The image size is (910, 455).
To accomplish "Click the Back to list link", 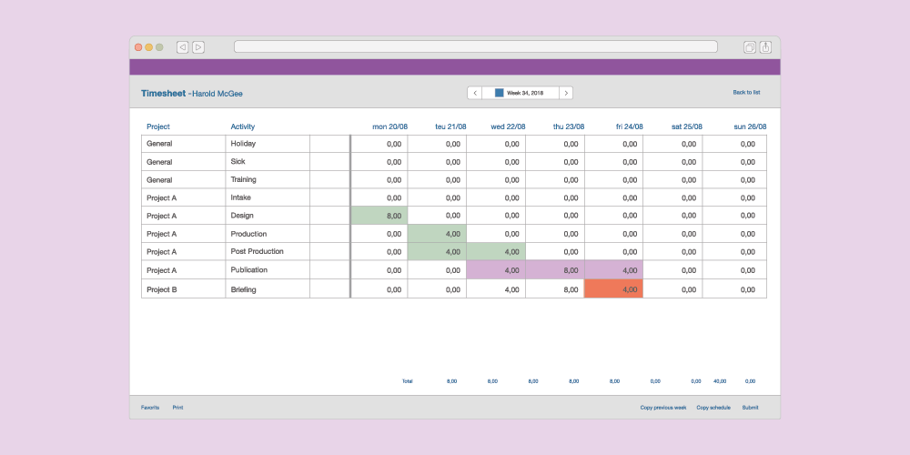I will click(x=746, y=93).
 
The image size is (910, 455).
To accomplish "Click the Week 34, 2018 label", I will click(x=525, y=93).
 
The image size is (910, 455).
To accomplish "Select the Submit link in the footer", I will click(x=750, y=408).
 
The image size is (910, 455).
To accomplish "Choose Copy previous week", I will click(x=662, y=408).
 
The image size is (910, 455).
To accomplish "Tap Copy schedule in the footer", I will click(x=713, y=408).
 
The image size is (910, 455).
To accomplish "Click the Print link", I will click(x=177, y=408).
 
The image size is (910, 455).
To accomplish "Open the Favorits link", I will click(x=150, y=408).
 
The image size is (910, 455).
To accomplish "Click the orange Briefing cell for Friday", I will click(x=613, y=288).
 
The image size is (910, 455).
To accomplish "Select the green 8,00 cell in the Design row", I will click(x=379, y=216).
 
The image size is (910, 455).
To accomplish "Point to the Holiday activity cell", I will click(x=267, y=144).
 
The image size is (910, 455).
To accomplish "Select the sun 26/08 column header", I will click(x=750, y=126).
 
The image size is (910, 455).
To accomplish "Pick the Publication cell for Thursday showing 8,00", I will click(x=555, y=270).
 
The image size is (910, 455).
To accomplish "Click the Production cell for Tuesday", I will click(x=437, y=234).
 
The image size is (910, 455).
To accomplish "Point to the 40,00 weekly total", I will click(x=719, y=381).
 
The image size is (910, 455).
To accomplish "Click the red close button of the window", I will click(x=138, y=46).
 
